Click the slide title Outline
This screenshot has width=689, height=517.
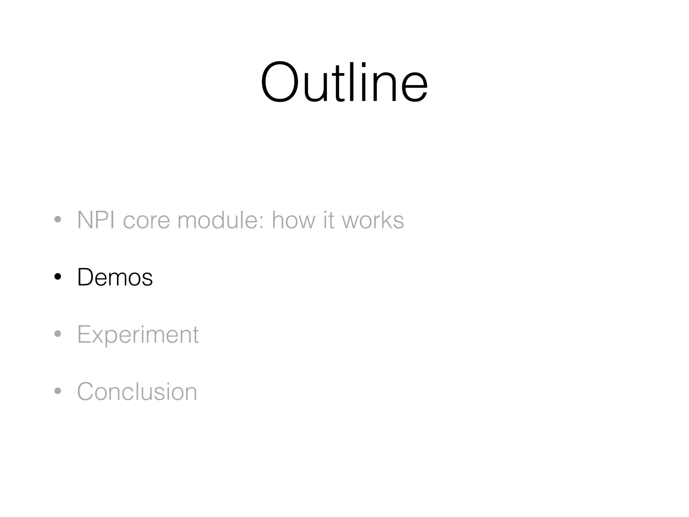point(344,82)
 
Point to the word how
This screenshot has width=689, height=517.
point(293,220)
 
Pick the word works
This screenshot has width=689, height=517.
point(373,220)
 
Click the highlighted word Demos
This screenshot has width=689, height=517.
point(115,277)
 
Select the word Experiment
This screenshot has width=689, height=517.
point(138,335)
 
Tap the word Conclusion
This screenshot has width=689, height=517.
point(137,391)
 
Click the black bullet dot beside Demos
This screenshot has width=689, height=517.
point(58,277)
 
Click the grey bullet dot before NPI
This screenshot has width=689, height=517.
point(58,220)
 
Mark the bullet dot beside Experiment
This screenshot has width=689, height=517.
point(58,334)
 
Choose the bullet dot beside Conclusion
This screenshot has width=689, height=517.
point(58,391)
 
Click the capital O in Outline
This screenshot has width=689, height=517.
point(280,83)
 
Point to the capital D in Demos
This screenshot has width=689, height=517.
point(86,277)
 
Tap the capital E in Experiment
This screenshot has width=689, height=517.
point(84,334)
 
